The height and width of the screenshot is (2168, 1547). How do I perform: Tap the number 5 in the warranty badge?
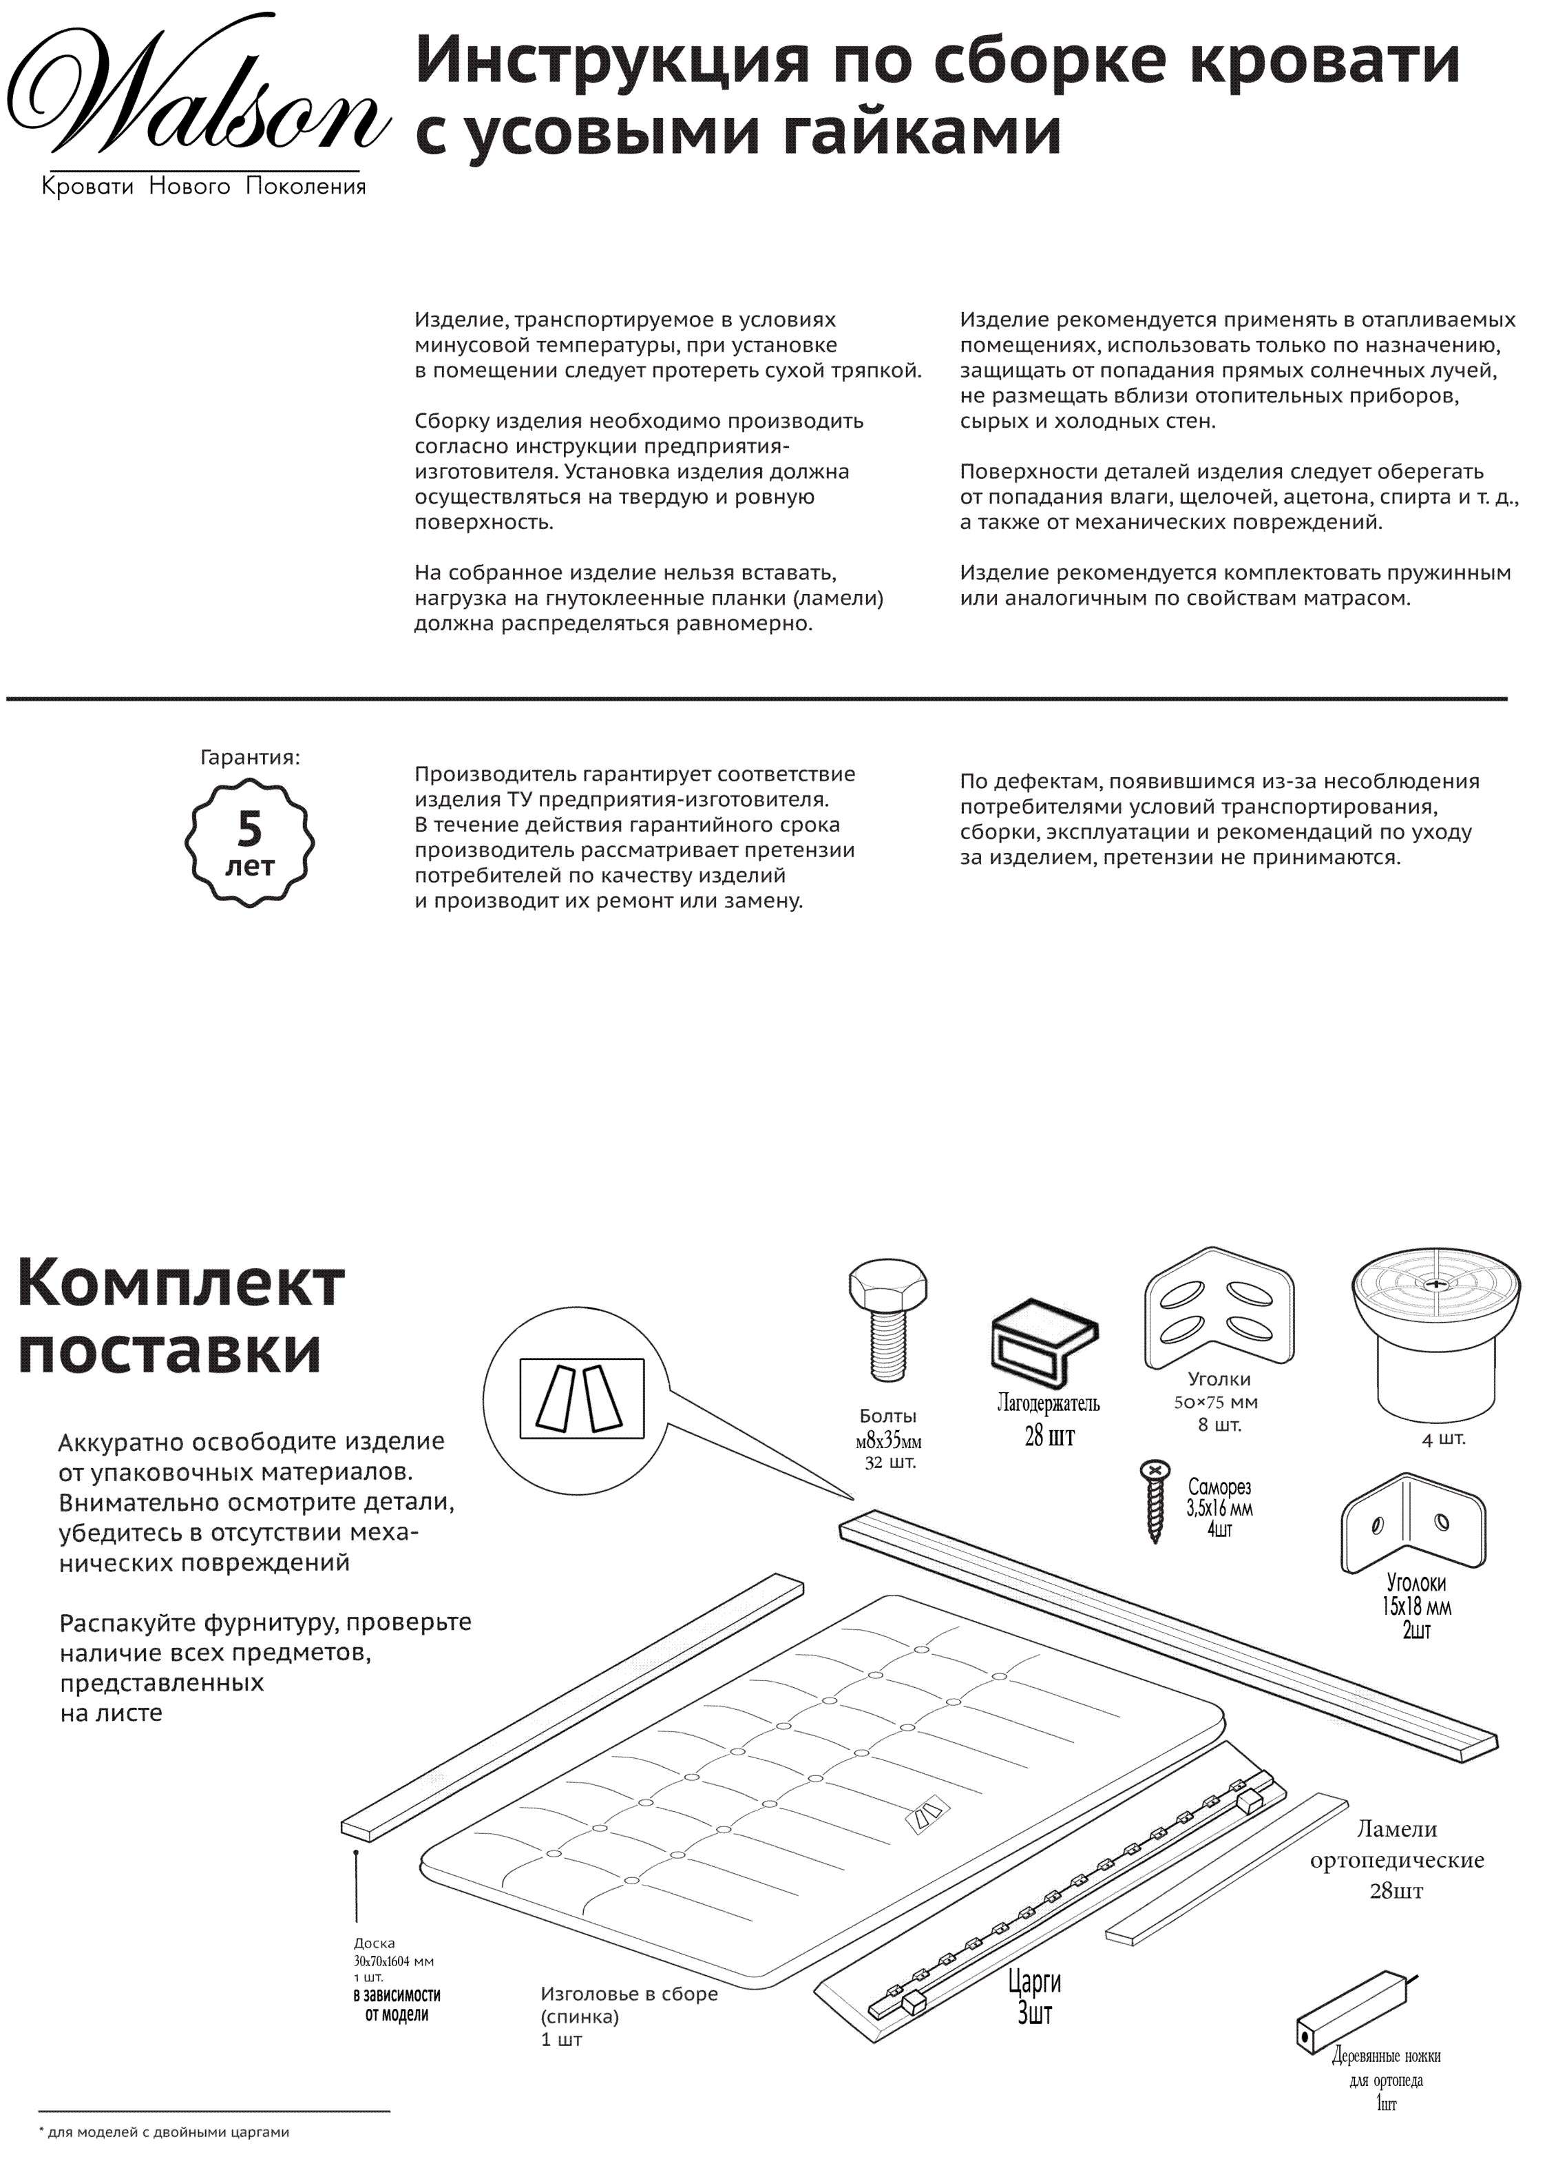click(x=249, y=828)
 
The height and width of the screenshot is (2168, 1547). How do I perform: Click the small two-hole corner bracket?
click(x=1413, y=1534)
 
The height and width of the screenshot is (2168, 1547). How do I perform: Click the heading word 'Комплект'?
click(x=181, y=1283)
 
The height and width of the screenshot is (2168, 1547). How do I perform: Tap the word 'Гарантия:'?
click(x=250, y=758)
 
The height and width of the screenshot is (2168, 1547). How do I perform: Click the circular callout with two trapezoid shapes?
click(x=581, y=1396)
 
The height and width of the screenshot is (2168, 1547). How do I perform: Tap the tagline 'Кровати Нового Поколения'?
click(x=204, y=186)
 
